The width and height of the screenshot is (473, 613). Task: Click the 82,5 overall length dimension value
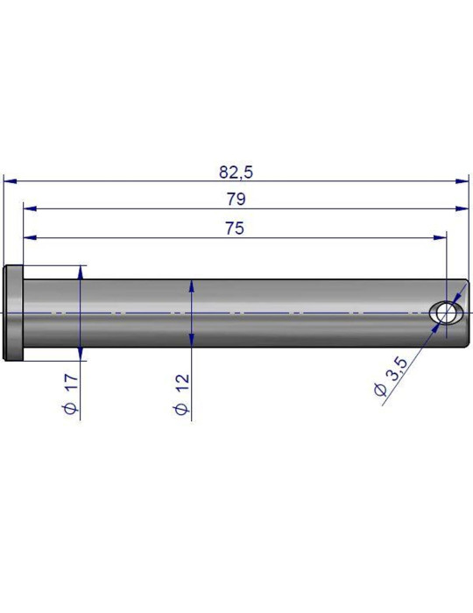click(235, 171)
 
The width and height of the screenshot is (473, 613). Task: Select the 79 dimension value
click(235, 199)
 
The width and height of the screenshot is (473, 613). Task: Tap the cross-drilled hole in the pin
click(445, 314)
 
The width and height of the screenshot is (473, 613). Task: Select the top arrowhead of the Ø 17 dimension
click(80, 271)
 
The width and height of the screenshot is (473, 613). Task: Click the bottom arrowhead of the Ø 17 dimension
click(80, 354)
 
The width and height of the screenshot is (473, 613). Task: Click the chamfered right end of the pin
click(464, 313)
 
